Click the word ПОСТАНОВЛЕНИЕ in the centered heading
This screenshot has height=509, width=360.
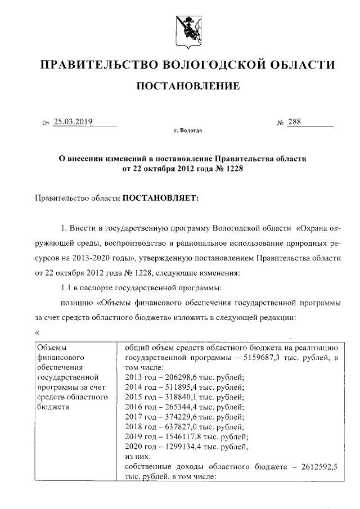(x=186, y=86)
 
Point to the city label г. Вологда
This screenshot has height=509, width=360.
(x=188, y=131)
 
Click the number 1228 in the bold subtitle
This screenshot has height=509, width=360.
(x=236, y=168)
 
